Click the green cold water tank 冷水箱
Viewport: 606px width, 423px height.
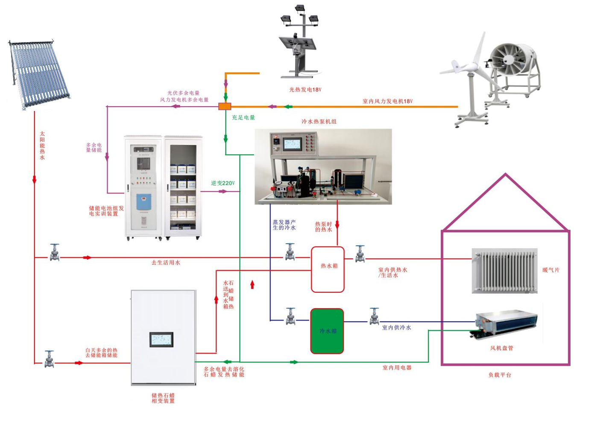327,331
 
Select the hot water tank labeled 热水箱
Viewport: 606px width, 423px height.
328,269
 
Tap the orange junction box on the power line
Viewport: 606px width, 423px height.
225,106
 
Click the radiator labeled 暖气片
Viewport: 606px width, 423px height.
504,271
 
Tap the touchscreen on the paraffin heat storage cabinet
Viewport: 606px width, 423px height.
161,339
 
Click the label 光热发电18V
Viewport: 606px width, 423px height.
305,90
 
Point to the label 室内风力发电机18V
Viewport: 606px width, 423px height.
388,101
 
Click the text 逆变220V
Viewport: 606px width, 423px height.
223,183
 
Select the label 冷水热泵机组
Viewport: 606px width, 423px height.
319,122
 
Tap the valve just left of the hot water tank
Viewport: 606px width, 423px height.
290,252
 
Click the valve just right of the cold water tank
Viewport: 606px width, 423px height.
375,316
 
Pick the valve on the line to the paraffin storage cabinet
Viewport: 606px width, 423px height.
50,359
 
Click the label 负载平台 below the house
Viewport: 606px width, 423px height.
500,375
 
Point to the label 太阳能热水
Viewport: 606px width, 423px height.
42,146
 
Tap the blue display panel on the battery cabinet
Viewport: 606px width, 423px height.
144,202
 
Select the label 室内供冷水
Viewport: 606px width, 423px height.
396,327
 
